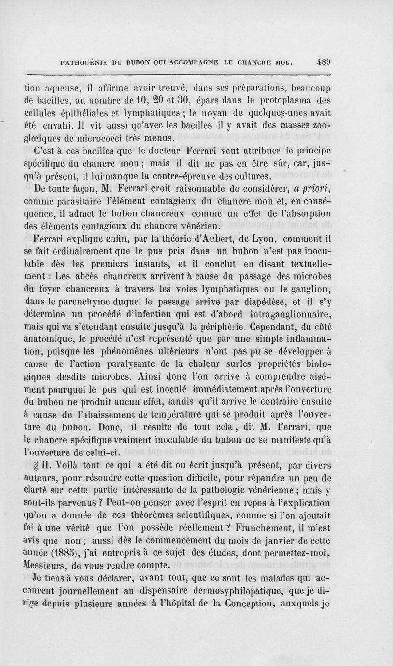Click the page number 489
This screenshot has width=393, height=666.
[323, 62]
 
